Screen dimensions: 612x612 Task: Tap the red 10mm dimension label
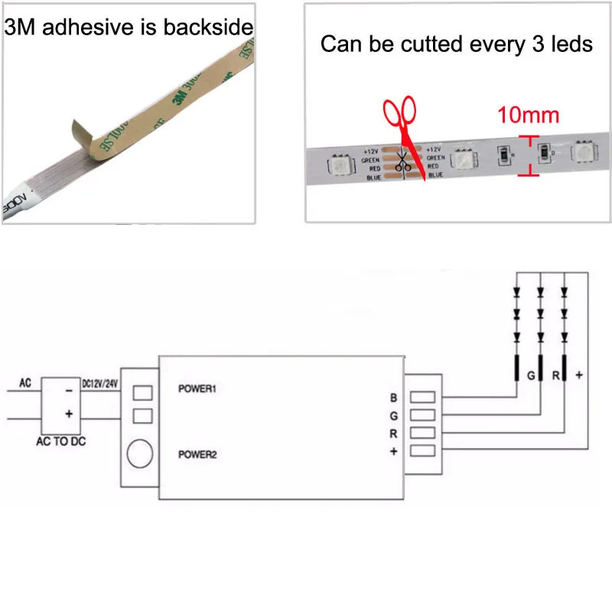pyautogui.click(x=528, y=116)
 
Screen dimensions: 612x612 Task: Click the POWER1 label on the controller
pyautogui.click(x=198, y=389)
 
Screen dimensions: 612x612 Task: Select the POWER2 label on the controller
pyautogui.click(x=198, y=454)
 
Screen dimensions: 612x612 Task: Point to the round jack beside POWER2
pyautogui.click(x=139, y=454)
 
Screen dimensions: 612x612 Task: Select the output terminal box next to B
pyautogui.click(x=422, y=398)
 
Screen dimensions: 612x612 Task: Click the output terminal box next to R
pyautogui.click(x=422, y=433)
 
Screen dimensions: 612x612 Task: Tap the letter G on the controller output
pyautogui.click(x=393, y=415)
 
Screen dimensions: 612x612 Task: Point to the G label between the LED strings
pyautogui.click(x=529, y=376)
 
